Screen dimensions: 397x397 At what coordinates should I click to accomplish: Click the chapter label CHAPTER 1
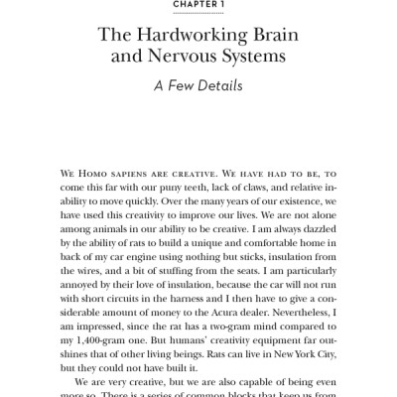(x=198, y=3)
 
